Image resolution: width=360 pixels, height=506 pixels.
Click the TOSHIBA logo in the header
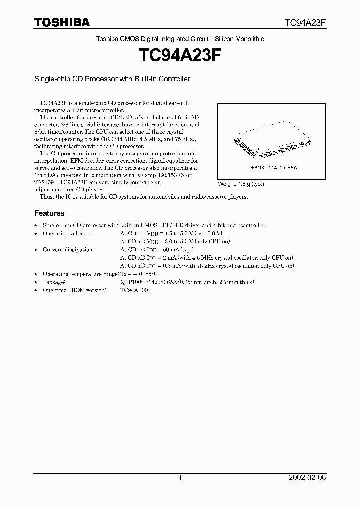pos(62,23)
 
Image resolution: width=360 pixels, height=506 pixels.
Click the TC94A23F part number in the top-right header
pos(305,23)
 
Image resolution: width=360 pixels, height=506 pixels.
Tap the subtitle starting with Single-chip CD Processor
pos(112,79)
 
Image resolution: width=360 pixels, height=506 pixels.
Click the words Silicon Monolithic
pos(239,39)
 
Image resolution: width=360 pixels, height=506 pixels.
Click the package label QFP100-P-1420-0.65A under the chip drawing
pos(268,168)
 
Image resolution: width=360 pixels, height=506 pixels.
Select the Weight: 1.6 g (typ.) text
pos(241,184)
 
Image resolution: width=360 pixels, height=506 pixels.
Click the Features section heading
pos(49,213)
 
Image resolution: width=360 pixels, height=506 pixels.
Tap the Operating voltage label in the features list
pos(66,233)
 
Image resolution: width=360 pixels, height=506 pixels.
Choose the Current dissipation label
pos(68,249)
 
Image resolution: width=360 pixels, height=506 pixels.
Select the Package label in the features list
pos(54,282)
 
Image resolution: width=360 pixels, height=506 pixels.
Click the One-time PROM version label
pos(74,290)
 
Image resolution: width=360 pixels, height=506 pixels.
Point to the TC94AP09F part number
pos(135,290)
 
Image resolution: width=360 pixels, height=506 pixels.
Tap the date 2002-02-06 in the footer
pos(307,478)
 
